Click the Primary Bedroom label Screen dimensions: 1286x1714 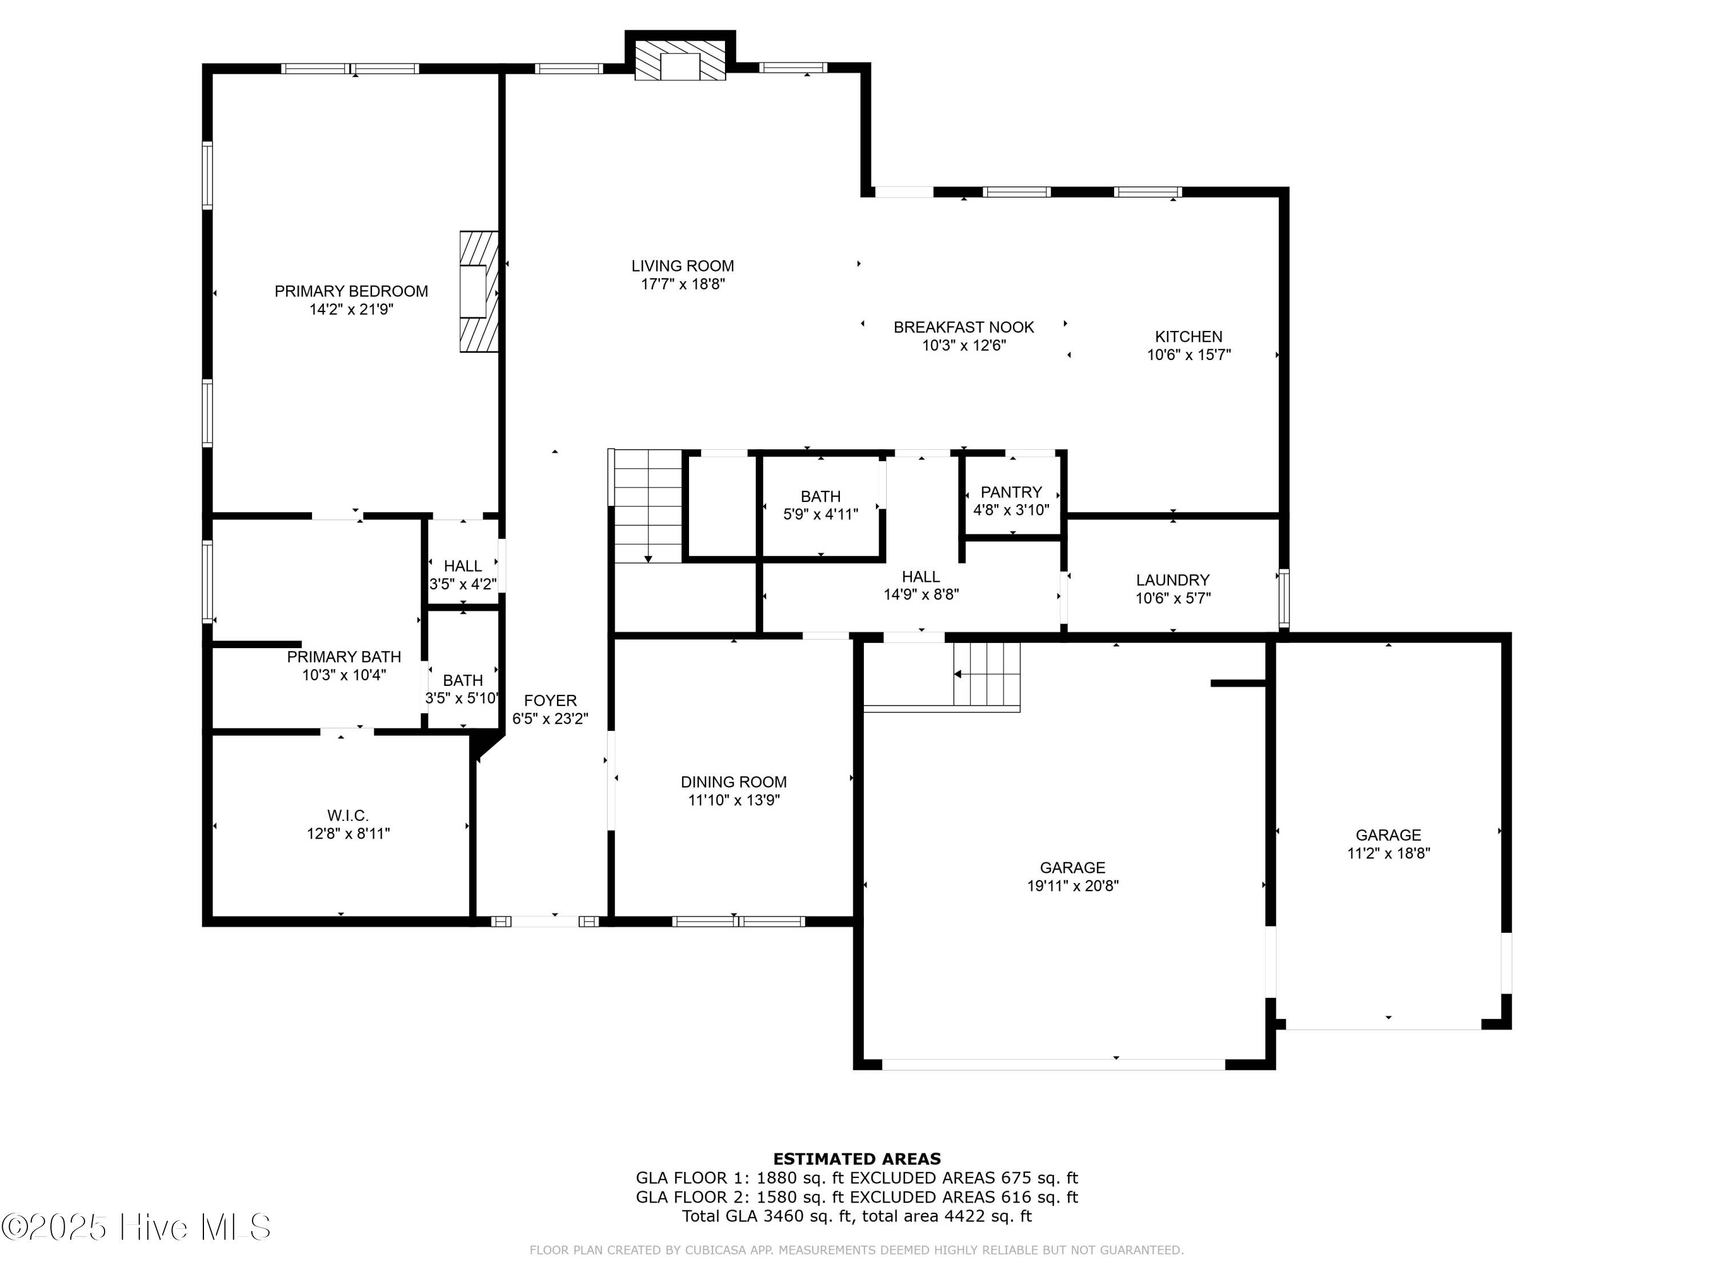(351, 291)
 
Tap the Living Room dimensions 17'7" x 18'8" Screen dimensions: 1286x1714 (683, 285)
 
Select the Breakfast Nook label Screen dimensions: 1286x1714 (963, 327)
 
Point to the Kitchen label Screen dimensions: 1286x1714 (1188, 337)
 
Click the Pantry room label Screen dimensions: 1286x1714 (1011, 492)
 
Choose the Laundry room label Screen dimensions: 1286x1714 (1172, 580)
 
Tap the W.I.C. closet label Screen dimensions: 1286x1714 (347, 816)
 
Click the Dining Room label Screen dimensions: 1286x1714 (733, 782)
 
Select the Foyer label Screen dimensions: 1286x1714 (550, 700)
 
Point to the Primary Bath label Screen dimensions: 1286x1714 (343, 657)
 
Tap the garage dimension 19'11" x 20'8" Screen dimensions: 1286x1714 (1072, 886)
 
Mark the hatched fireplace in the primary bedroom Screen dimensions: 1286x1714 (478, 292)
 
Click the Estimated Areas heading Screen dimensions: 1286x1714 (856, 1159)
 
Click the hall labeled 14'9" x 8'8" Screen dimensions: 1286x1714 (920, 586)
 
